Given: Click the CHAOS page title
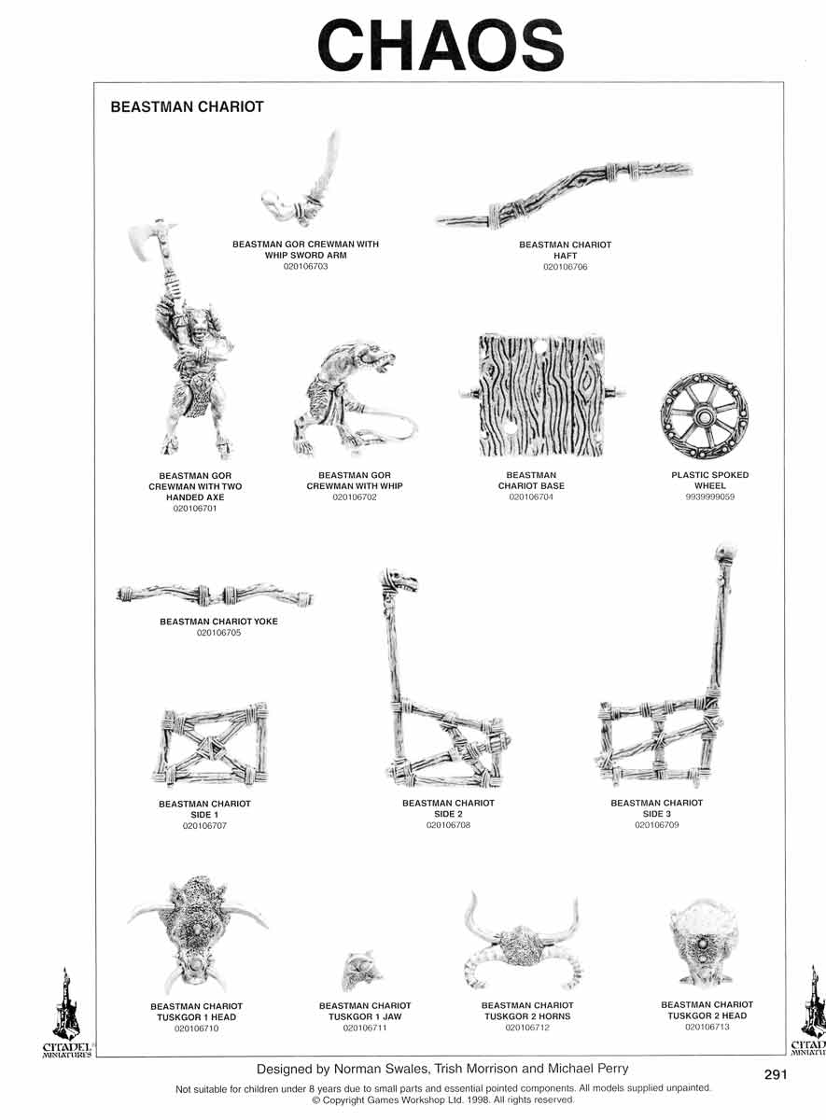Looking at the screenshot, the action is click(x=441, y=45).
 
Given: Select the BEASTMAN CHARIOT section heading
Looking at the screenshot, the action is click(x=187, y=107).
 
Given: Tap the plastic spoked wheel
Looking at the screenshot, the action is click(x=705, y=416).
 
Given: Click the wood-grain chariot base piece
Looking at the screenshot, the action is click(x=542, y=396).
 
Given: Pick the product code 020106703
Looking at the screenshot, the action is click(x=305, y=267).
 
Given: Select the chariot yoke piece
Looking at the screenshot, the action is click(x=215, y=595).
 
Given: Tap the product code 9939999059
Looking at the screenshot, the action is click(x=710, y=497).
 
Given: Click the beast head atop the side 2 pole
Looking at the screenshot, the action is click(x=398, y=582).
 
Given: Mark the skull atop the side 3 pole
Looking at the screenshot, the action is click(x=726, y=551).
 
